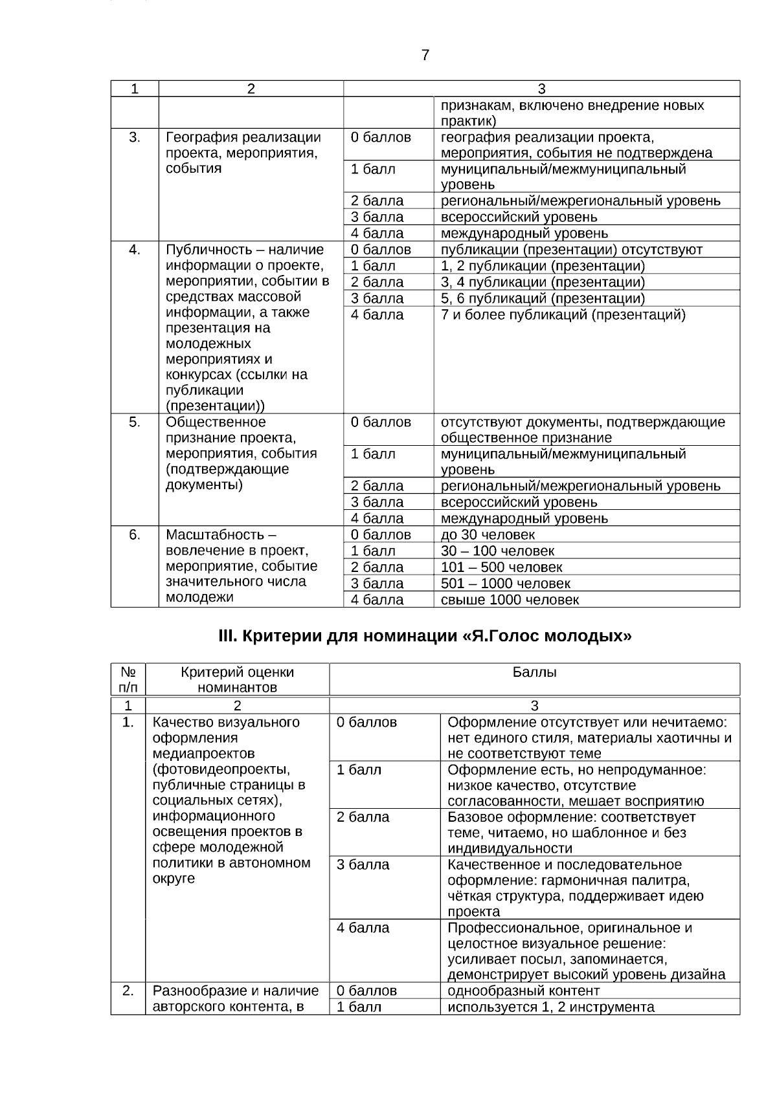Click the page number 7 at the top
point(425,56)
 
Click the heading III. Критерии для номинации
point(425,636)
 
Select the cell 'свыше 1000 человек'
point(510,600)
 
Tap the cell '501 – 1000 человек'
point(505,584)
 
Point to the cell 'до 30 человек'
point(488,535)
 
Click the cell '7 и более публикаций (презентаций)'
point(563,315)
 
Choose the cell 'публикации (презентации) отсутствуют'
point(571,250)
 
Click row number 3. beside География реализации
point(135,137)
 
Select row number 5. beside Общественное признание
point(135,423)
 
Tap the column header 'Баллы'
point(534,673)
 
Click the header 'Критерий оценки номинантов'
point(237,679)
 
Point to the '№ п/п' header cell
point(128,679)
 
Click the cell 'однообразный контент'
point(523,991)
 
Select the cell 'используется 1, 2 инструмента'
point(550,1007)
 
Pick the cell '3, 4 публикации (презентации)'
point(543,283)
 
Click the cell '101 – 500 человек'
point(501,567)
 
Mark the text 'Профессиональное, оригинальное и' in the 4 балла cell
point(569,928)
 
